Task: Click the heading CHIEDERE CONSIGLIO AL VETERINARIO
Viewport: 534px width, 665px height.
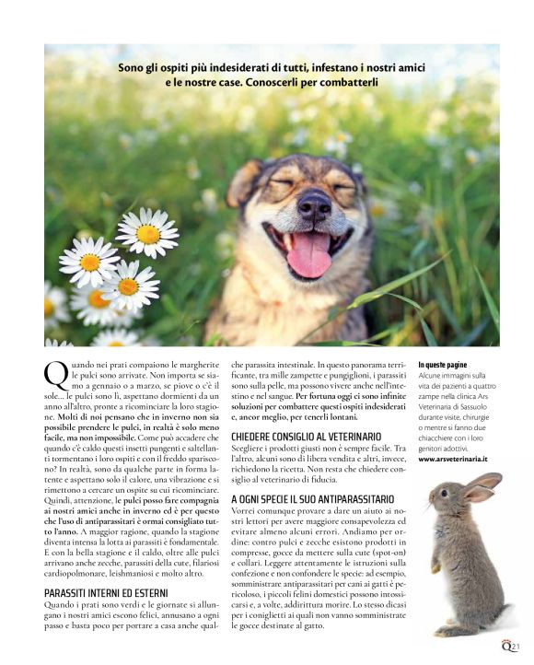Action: (x=306, y=435)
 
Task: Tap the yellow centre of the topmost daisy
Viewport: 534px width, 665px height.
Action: (x=147, y=234)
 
